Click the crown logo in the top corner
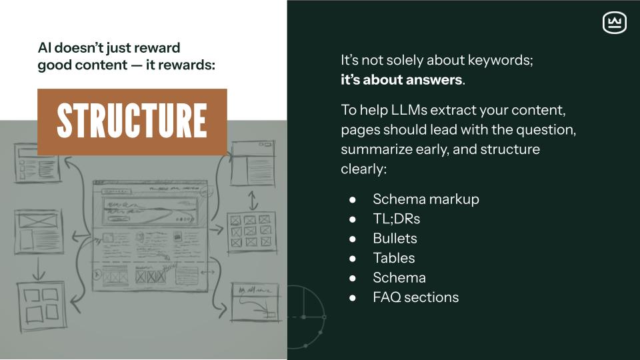(614, 23)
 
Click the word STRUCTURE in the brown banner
(132, 121)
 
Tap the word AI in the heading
(45, 48)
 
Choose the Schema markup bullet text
(426, 199)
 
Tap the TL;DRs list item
(397, 219)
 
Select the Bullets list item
(395, 238)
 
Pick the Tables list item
(394, 258)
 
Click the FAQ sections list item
(416, 297)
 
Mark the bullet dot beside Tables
(353, 259)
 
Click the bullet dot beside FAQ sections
(353, 298)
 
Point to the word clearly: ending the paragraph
(363, 169)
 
